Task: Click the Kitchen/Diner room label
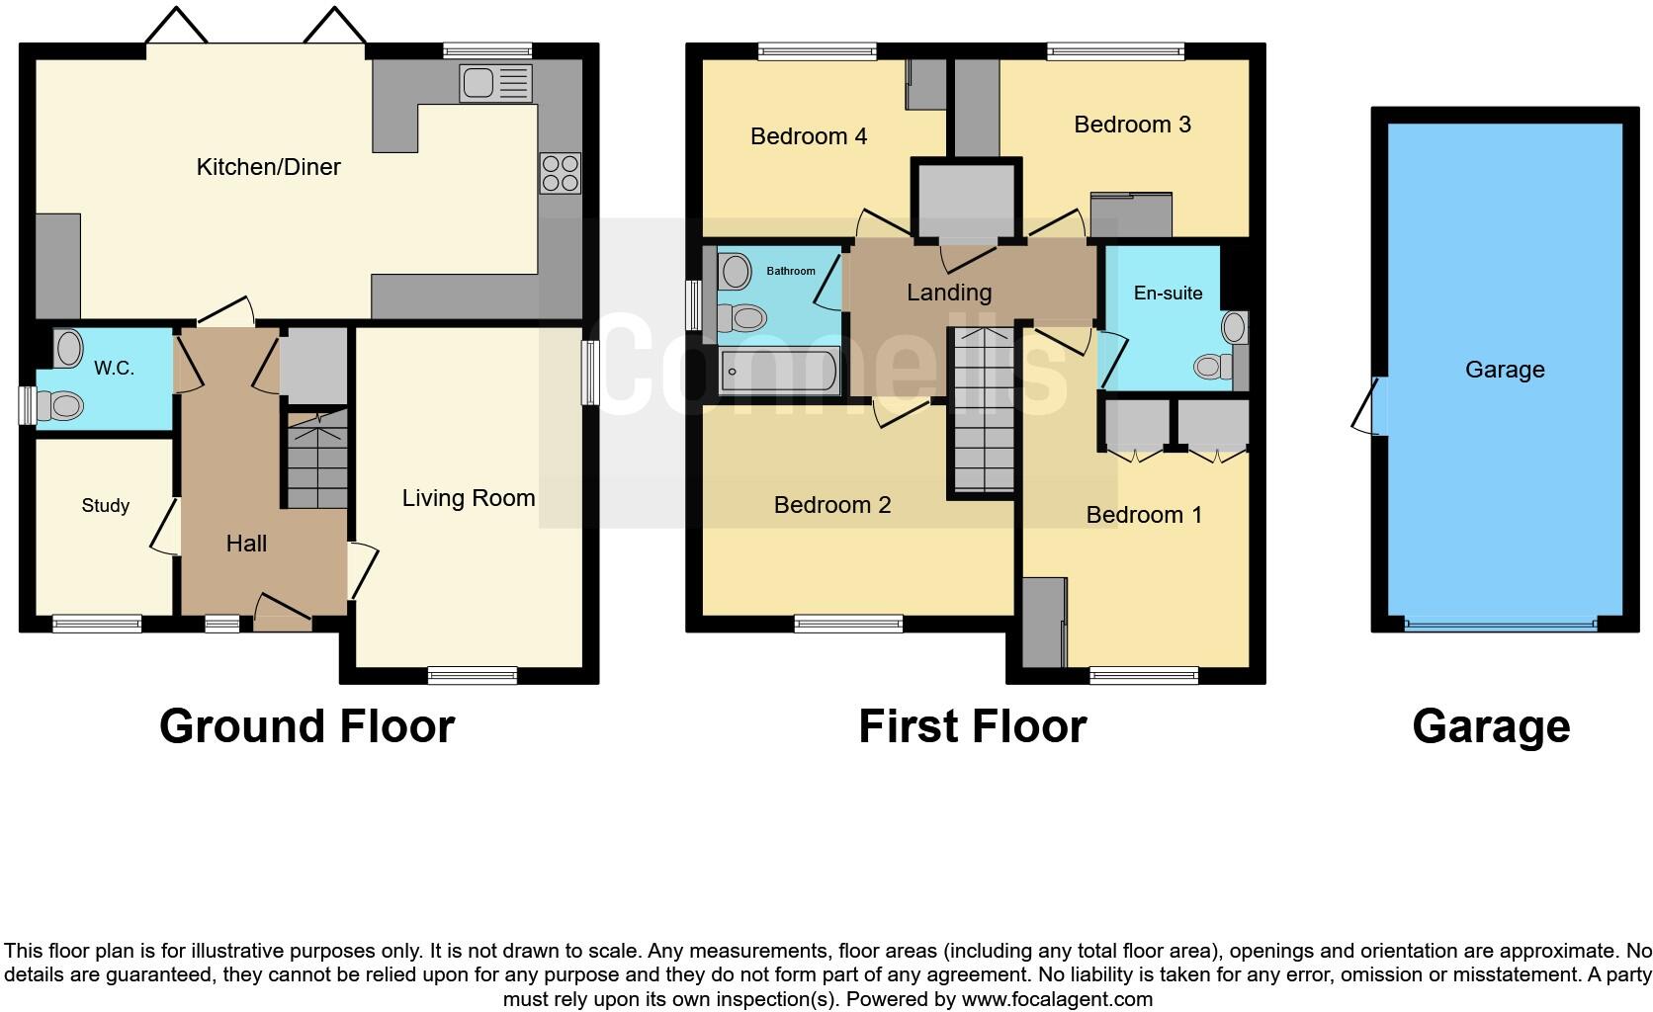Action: [x=268, y=167]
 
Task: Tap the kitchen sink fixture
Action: [x=494, y=83]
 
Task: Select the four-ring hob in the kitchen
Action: [x=560, y=174]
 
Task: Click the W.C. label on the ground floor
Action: [x=114, y=369]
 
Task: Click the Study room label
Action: [x=106, y=506]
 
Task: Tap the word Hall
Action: [x=246, y=544]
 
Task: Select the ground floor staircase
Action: [x=317, y=459]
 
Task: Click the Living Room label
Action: [x=469, y=498]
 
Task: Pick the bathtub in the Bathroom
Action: [x=780, y=372]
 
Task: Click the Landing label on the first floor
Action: [x=949, y=293]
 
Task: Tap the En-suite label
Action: [x=1168, y=294]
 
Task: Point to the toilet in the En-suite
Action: [x=1212, y=367]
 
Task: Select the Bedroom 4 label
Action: [x=809, y=136]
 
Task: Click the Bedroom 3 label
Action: [x=1132, y=125]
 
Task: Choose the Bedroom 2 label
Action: [x=832, y=505]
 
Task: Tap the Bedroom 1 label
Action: [x=1144, y=515]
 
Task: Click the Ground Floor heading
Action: [x=306, y=726]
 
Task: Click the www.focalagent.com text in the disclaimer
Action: [x=1057, y=999]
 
